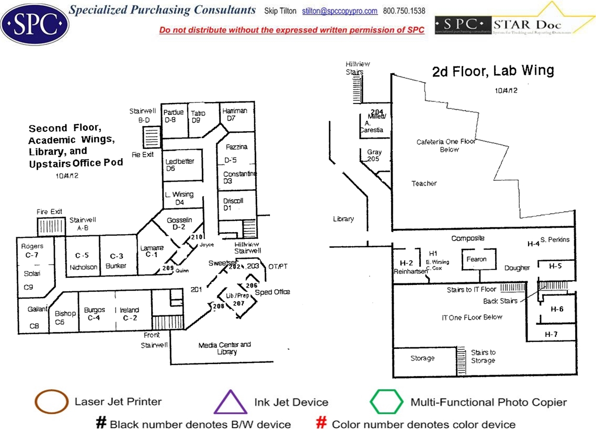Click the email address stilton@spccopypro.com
click(x=340, y=11)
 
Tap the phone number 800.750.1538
click(x=404, y=11)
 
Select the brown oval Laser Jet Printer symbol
click(x=51, y=402)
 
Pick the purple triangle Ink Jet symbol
click(x=231, y=402)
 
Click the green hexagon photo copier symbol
click(x=387, y=402)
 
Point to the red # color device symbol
click(x=322, y=423)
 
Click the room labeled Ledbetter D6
click(x=180, y=165)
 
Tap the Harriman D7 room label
click(x=234, y=115)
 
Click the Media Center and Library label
click(x=225, y=348)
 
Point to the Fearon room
click(x=476, y=259)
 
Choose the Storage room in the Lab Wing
click(x=422, y=358)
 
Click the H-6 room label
click(x=557, y=309)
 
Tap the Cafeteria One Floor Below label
click(x=438, y=145)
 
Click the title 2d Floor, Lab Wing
click(x=493, y=71)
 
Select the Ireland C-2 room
click(x=129, y=314)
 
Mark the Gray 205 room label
click(x=374, y=155)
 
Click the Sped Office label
click(x=272, y=292)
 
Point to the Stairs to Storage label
click(x=483, y=357)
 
